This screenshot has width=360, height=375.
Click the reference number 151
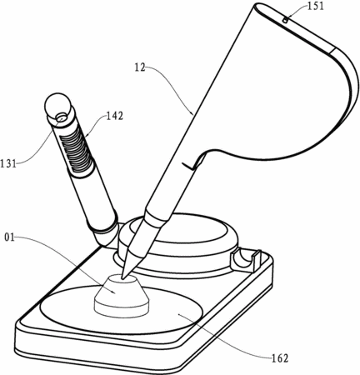coord(315,6)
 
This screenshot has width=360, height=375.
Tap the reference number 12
coord(140,67)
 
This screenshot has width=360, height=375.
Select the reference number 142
coord(115,116)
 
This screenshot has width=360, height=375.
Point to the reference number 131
coord(8,163)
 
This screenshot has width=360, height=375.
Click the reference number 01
coord(9,237)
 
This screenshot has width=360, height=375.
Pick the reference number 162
coord(280,358)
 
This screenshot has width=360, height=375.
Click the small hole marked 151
coord(285,20)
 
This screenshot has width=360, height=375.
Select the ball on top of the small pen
coord(57,106)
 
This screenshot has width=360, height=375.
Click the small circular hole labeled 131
coord(62,117)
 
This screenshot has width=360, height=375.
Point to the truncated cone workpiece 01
coord(122,296)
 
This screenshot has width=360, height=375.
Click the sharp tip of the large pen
coord(122,277)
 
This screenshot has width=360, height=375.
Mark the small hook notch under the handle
coord(190,166)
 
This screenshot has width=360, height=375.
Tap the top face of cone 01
coord(122,279)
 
